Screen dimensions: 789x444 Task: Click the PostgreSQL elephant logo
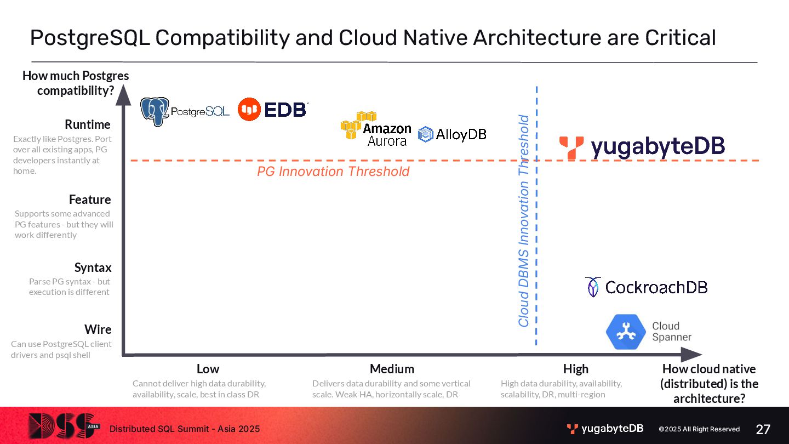click(x=155, y=111)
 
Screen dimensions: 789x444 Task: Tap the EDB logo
click(x=273, y=110)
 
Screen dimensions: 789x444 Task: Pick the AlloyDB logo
click(x=452, y=134)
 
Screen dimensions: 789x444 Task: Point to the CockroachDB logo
click(x=647, y=287)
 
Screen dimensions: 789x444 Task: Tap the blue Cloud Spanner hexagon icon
click(x=626, y=332)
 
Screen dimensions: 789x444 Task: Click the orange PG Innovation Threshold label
click(x=333, y=172)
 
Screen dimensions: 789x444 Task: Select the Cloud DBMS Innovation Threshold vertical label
click(x=524, y=220)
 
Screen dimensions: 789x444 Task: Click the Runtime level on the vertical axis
click(x=88, y=124)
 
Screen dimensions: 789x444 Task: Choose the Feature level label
click(x=90, y=200)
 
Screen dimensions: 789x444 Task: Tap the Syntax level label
click(x=93, y=267)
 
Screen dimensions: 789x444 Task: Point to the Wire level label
click(x=98, y=329)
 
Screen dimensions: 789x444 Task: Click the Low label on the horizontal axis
click(x=208, y=369)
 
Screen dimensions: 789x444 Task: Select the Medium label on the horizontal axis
click(x=392, y=369)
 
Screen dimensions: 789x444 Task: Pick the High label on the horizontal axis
click(x=576, y=369)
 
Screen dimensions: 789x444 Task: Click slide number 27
click(x=763, y=429)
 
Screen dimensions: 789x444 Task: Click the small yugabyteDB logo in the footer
click(x=605, y=429)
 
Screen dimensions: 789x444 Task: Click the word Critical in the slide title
click(x=680, y=38)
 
